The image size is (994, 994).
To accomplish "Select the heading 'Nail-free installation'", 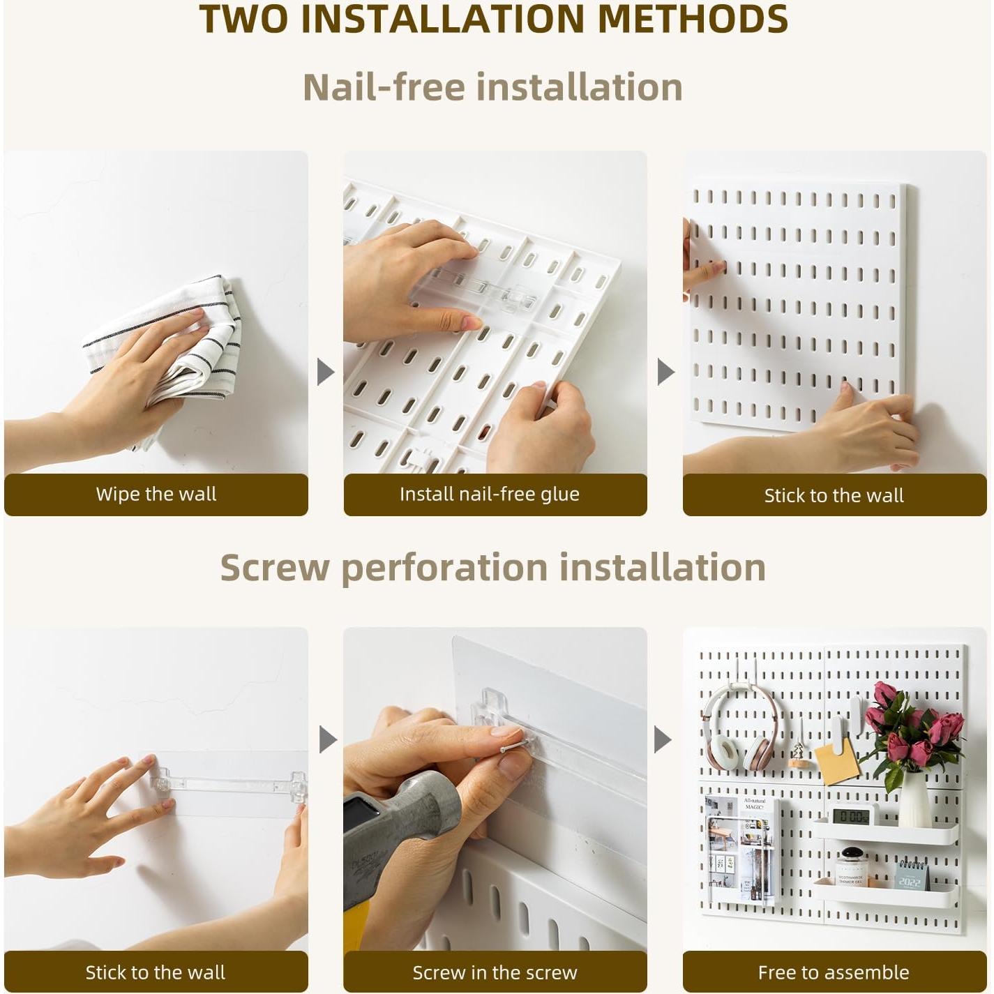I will point(492,88).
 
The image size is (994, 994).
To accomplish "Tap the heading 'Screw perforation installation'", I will point(492,568).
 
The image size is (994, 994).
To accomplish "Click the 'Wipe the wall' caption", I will point(156,495).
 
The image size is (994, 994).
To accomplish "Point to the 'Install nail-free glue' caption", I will point(489,495).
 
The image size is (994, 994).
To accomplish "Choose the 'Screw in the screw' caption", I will point(495,972).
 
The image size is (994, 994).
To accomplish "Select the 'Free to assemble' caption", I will point(834,972).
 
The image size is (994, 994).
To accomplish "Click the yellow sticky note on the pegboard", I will point(836,762).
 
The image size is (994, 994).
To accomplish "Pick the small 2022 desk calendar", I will point(911,875).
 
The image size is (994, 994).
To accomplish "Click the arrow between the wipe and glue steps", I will point(325,372).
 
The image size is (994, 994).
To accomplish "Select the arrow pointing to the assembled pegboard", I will point(663,739).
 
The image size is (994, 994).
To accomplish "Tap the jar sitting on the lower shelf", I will point(851,868).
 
